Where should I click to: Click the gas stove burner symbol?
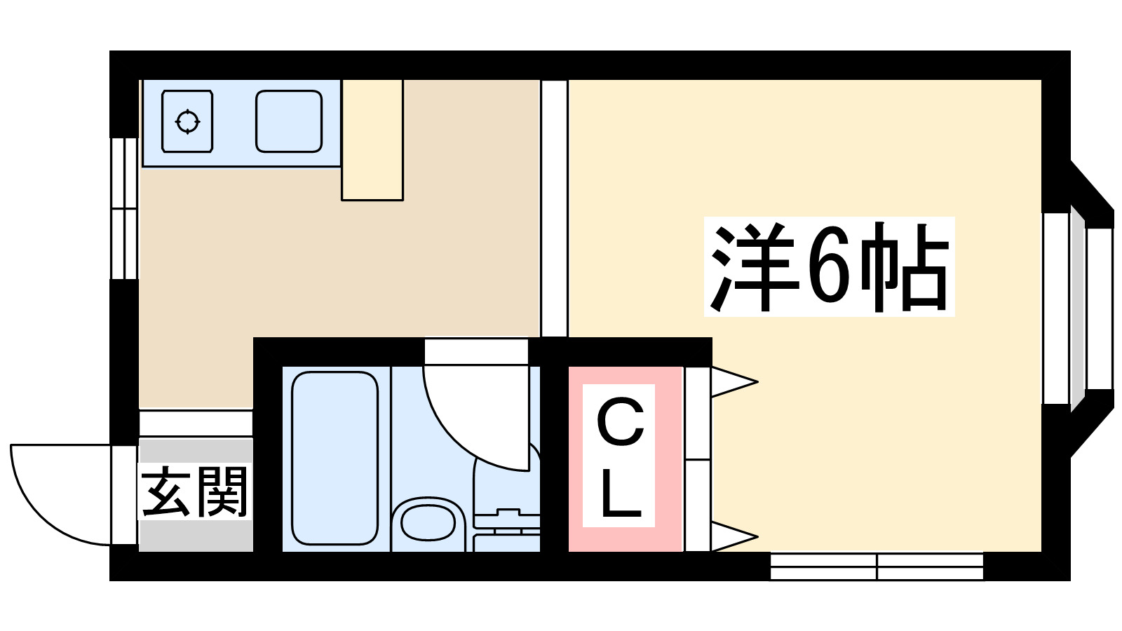tap(187, 121)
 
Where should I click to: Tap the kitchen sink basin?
tap(288, 121)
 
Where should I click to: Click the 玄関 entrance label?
tap(195, 491)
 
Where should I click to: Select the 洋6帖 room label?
tap(830, 267)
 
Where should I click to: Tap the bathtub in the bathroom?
tap(334, 458)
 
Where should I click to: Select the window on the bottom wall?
tap(877, 566)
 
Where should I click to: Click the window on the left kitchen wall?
tap(125, 208)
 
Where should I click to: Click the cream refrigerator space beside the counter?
tap(372, 140)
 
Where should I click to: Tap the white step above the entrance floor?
tap(196, 423)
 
